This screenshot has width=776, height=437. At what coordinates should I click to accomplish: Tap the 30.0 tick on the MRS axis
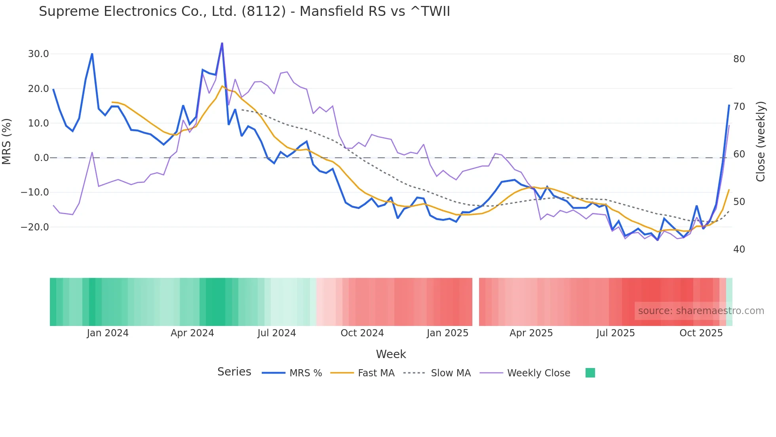[x=38, y=54]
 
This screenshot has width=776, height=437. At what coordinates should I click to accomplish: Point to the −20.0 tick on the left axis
[x=35, y=227]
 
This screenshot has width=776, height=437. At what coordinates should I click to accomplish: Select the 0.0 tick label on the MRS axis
[x=41, y=158]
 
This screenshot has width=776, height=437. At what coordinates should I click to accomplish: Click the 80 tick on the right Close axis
[x=739, y=59]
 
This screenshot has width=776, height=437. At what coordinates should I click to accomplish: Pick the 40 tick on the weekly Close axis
[x=739, y=249]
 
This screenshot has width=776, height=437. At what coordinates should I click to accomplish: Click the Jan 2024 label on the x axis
[x=108, y=333]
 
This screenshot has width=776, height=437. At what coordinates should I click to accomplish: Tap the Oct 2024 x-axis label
[x=362, y=333]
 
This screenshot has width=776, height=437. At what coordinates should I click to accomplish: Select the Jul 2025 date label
[x=615, y=333]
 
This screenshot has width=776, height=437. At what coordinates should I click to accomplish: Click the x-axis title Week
[x=391, y=354]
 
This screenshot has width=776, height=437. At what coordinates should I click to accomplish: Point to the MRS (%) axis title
[x=7, y=141]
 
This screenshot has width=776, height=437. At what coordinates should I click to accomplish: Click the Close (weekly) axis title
[x=760, y=142]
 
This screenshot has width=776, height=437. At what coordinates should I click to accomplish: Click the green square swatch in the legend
[x=590, y=373]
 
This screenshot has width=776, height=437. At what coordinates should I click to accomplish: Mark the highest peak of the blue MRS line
[x=222, y=43]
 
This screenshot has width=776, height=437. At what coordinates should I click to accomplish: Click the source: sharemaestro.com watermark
[x=701, y=311]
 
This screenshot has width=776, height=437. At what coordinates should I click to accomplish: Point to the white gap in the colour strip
[x=475, y=302]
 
